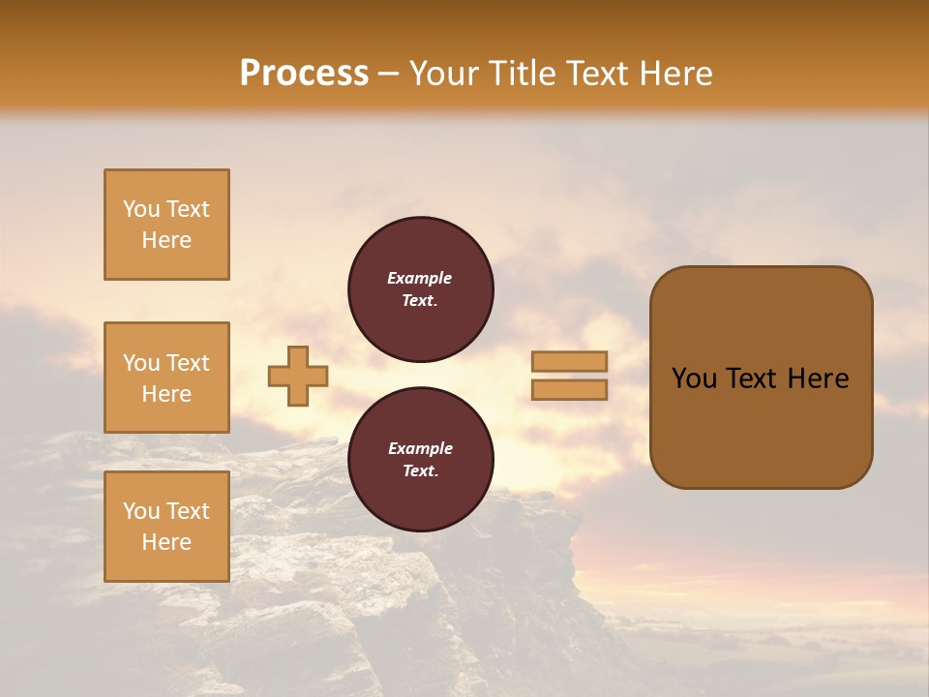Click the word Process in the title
304,74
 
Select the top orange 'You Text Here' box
166,225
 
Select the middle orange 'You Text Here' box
166,378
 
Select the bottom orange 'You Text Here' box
166,527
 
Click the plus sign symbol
298,376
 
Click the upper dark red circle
421,289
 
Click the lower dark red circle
421,460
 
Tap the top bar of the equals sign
570,362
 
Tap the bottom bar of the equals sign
570,390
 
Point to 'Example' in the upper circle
420,279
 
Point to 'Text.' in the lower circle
420,471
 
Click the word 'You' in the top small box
140,209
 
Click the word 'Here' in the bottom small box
166,542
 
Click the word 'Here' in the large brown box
818,379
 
